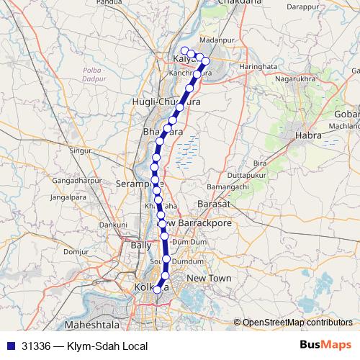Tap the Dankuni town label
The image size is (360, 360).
(112, 225)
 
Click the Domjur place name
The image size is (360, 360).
(75, 252)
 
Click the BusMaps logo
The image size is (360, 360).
(325, 346)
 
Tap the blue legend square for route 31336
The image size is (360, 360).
(11, 346)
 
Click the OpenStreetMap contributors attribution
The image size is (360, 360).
(297, 322)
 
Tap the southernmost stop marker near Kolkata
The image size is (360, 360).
(158, 290)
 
